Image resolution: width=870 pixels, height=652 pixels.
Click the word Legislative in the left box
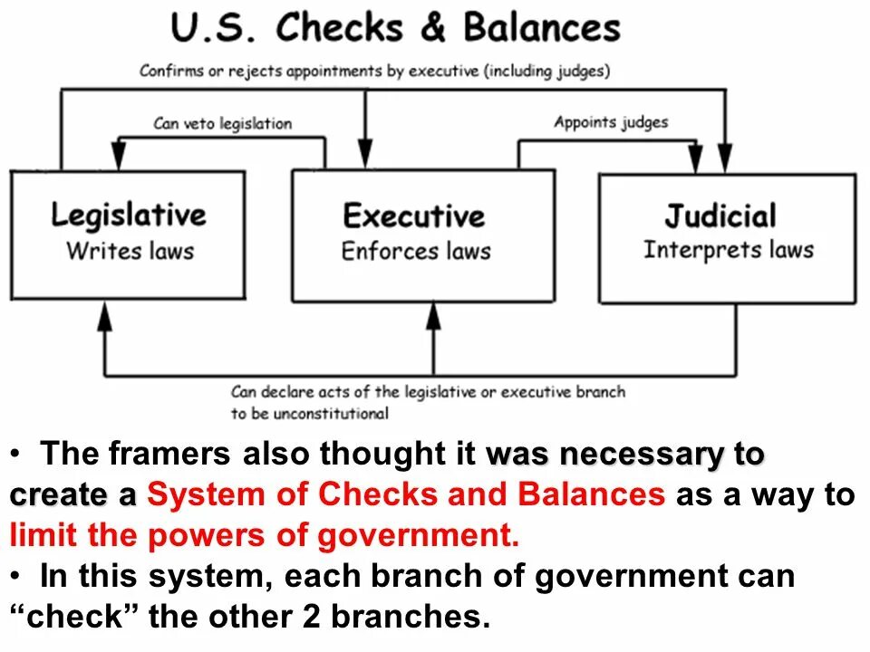coord(128,216)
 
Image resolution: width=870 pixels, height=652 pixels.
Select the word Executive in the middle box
coord(414,216)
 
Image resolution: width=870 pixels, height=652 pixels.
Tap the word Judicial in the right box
coord(720,216)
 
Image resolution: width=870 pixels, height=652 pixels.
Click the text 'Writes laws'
coord(130,250)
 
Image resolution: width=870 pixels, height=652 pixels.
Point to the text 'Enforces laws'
coord(416,250)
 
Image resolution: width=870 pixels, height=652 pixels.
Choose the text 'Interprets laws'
coord(729,249)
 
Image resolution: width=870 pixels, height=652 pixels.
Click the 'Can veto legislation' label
coord(223,123)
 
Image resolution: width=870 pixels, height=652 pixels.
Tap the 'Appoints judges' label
coord(611,122)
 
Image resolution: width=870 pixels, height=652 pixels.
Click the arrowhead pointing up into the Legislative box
coord(105,315)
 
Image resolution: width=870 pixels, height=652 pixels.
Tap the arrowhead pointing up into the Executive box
coord(434,315)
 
